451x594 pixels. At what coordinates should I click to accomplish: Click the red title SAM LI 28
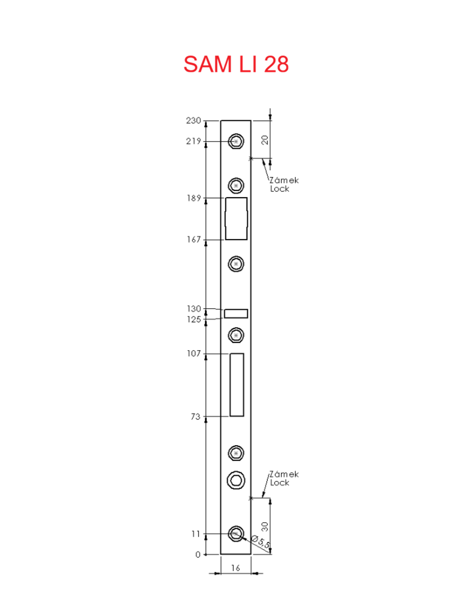tap(236, 64)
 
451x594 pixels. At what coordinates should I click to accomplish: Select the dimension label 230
tap(194, 120)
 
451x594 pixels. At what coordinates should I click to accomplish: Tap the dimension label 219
tap(194, 141)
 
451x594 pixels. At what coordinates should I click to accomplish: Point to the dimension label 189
tap(194, 198)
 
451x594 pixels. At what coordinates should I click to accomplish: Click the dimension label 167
tap(194, 240)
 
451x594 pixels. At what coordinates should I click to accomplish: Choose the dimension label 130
tap(194, 309)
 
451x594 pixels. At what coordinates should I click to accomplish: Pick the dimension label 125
tap(194, 320)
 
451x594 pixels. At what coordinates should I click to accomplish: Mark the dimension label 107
tap(194, 353)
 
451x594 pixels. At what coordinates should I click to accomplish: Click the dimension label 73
tap(195, 416)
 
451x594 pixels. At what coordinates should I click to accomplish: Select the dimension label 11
tap(196, 534)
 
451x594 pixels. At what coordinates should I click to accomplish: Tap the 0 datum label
tap(198, 554)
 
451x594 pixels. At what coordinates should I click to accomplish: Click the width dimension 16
tap(236, 568)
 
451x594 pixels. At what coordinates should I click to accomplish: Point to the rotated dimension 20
tap(265, 140)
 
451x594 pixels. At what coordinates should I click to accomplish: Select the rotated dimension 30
tap(265, 526)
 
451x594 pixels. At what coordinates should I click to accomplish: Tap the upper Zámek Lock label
tap(284, 184)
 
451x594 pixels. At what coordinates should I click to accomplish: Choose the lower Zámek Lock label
tap(284, 478)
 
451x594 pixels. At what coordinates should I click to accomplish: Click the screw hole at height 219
tap(236, 141)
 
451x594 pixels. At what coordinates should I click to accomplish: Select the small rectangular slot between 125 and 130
tap(236, 314)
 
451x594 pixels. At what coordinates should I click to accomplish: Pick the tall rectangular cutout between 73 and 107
tap(237, 385)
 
